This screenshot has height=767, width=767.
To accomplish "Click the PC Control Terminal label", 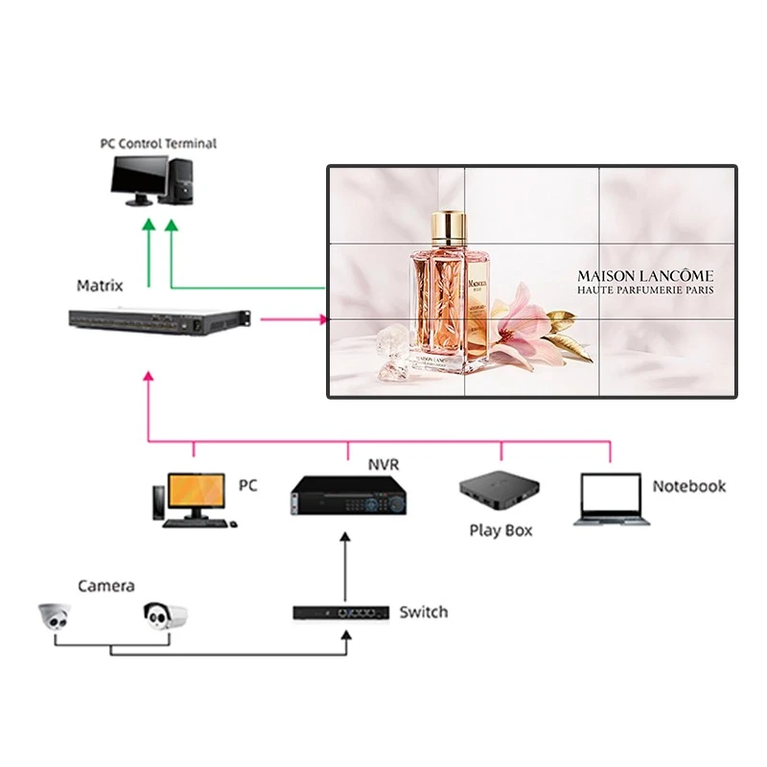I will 158,143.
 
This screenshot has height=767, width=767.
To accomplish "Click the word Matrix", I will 100,286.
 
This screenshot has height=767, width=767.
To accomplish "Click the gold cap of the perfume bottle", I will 449,226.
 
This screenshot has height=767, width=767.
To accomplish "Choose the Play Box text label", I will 500,530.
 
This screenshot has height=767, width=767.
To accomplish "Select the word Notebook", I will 688,486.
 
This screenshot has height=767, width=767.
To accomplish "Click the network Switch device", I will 340,612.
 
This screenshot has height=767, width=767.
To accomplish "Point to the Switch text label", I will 423,612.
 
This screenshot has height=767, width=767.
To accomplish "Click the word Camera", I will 105,585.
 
